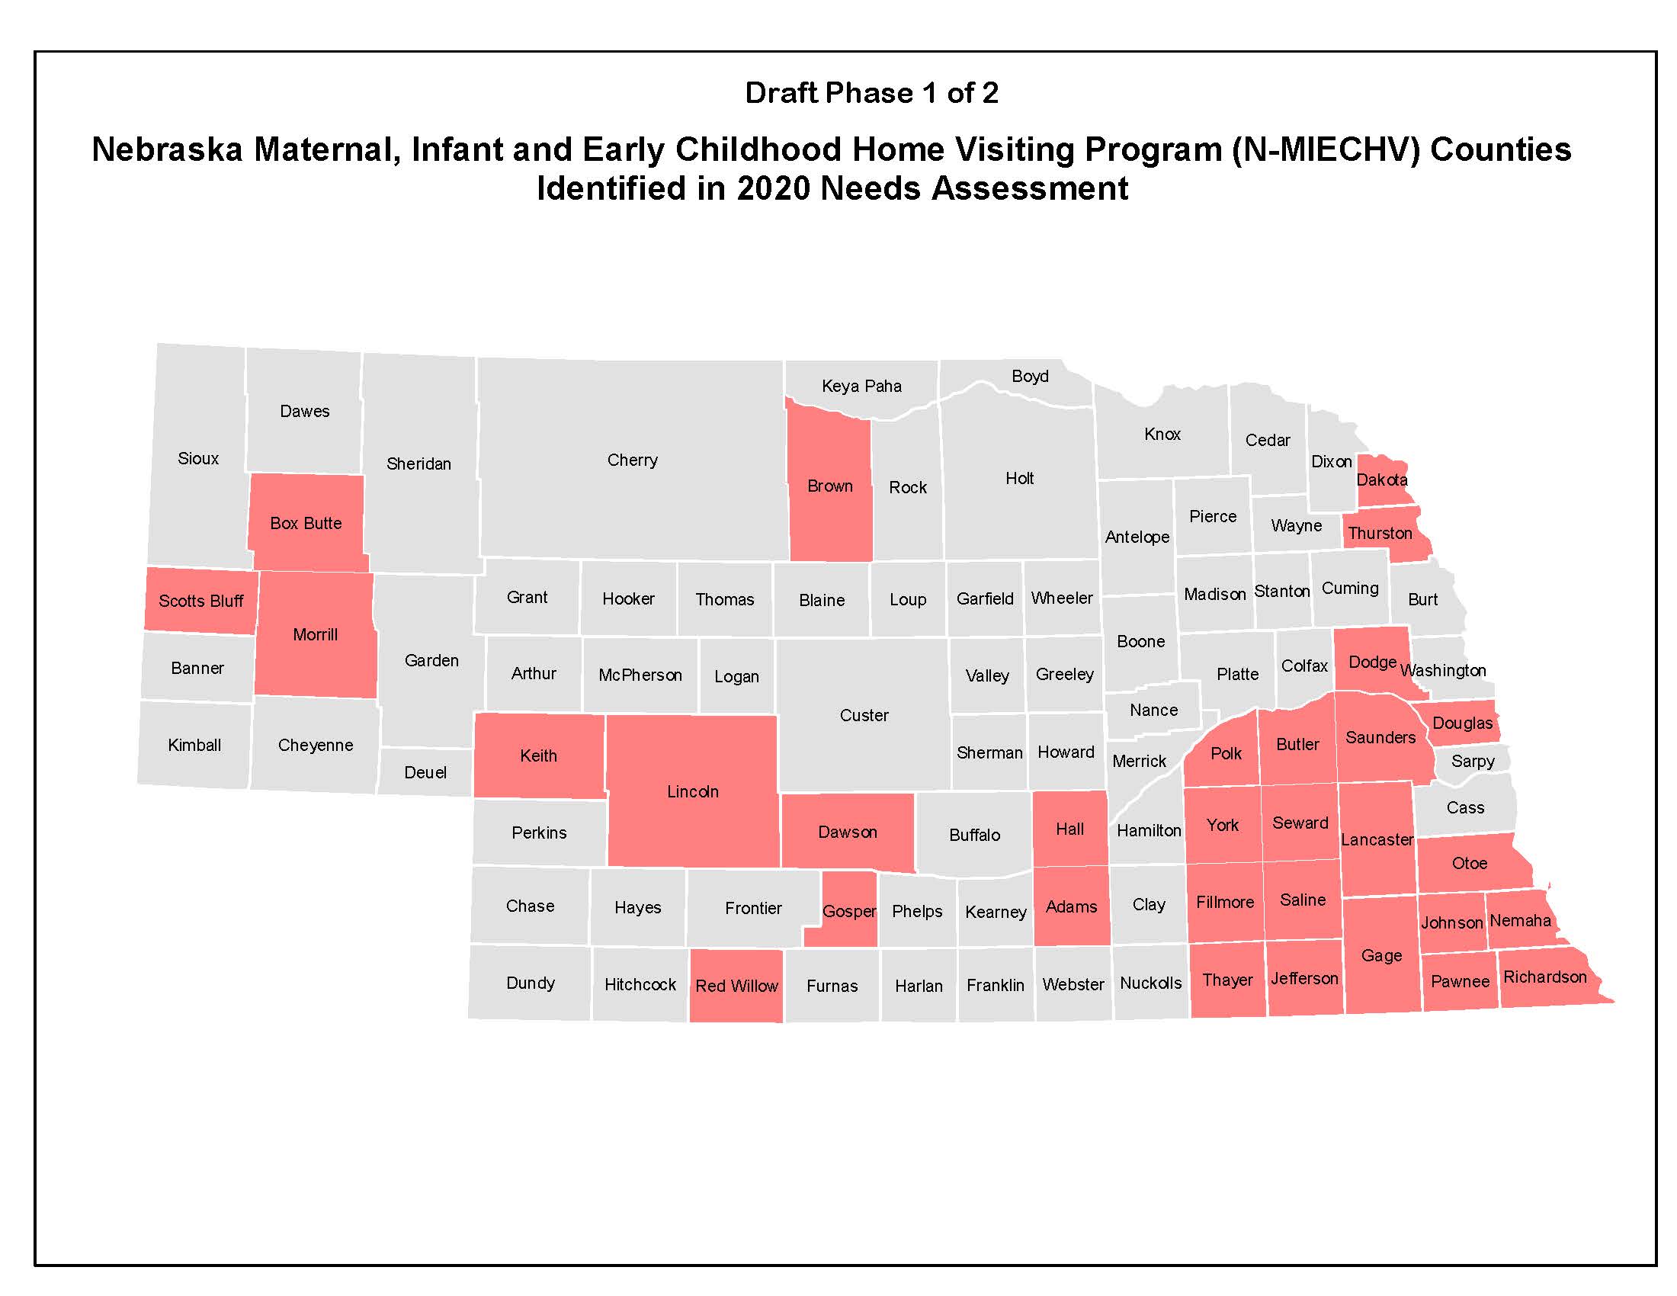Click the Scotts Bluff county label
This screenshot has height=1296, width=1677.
201,601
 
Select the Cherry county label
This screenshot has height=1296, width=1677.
632,460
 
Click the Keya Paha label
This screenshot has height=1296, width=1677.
861,387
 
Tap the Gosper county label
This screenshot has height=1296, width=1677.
848,911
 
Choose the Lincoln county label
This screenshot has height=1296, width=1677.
693,791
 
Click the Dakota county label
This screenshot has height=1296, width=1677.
1381,480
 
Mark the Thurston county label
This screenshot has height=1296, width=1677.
1380,533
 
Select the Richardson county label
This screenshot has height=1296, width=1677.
1544,977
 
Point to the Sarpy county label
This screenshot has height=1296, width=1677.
1472,761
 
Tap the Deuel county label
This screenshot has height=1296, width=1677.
425,772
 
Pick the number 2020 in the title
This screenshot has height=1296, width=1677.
773,188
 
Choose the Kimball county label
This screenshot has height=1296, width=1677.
194,745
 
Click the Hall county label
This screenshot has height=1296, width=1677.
1069,829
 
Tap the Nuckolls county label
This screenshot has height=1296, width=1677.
1150,983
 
